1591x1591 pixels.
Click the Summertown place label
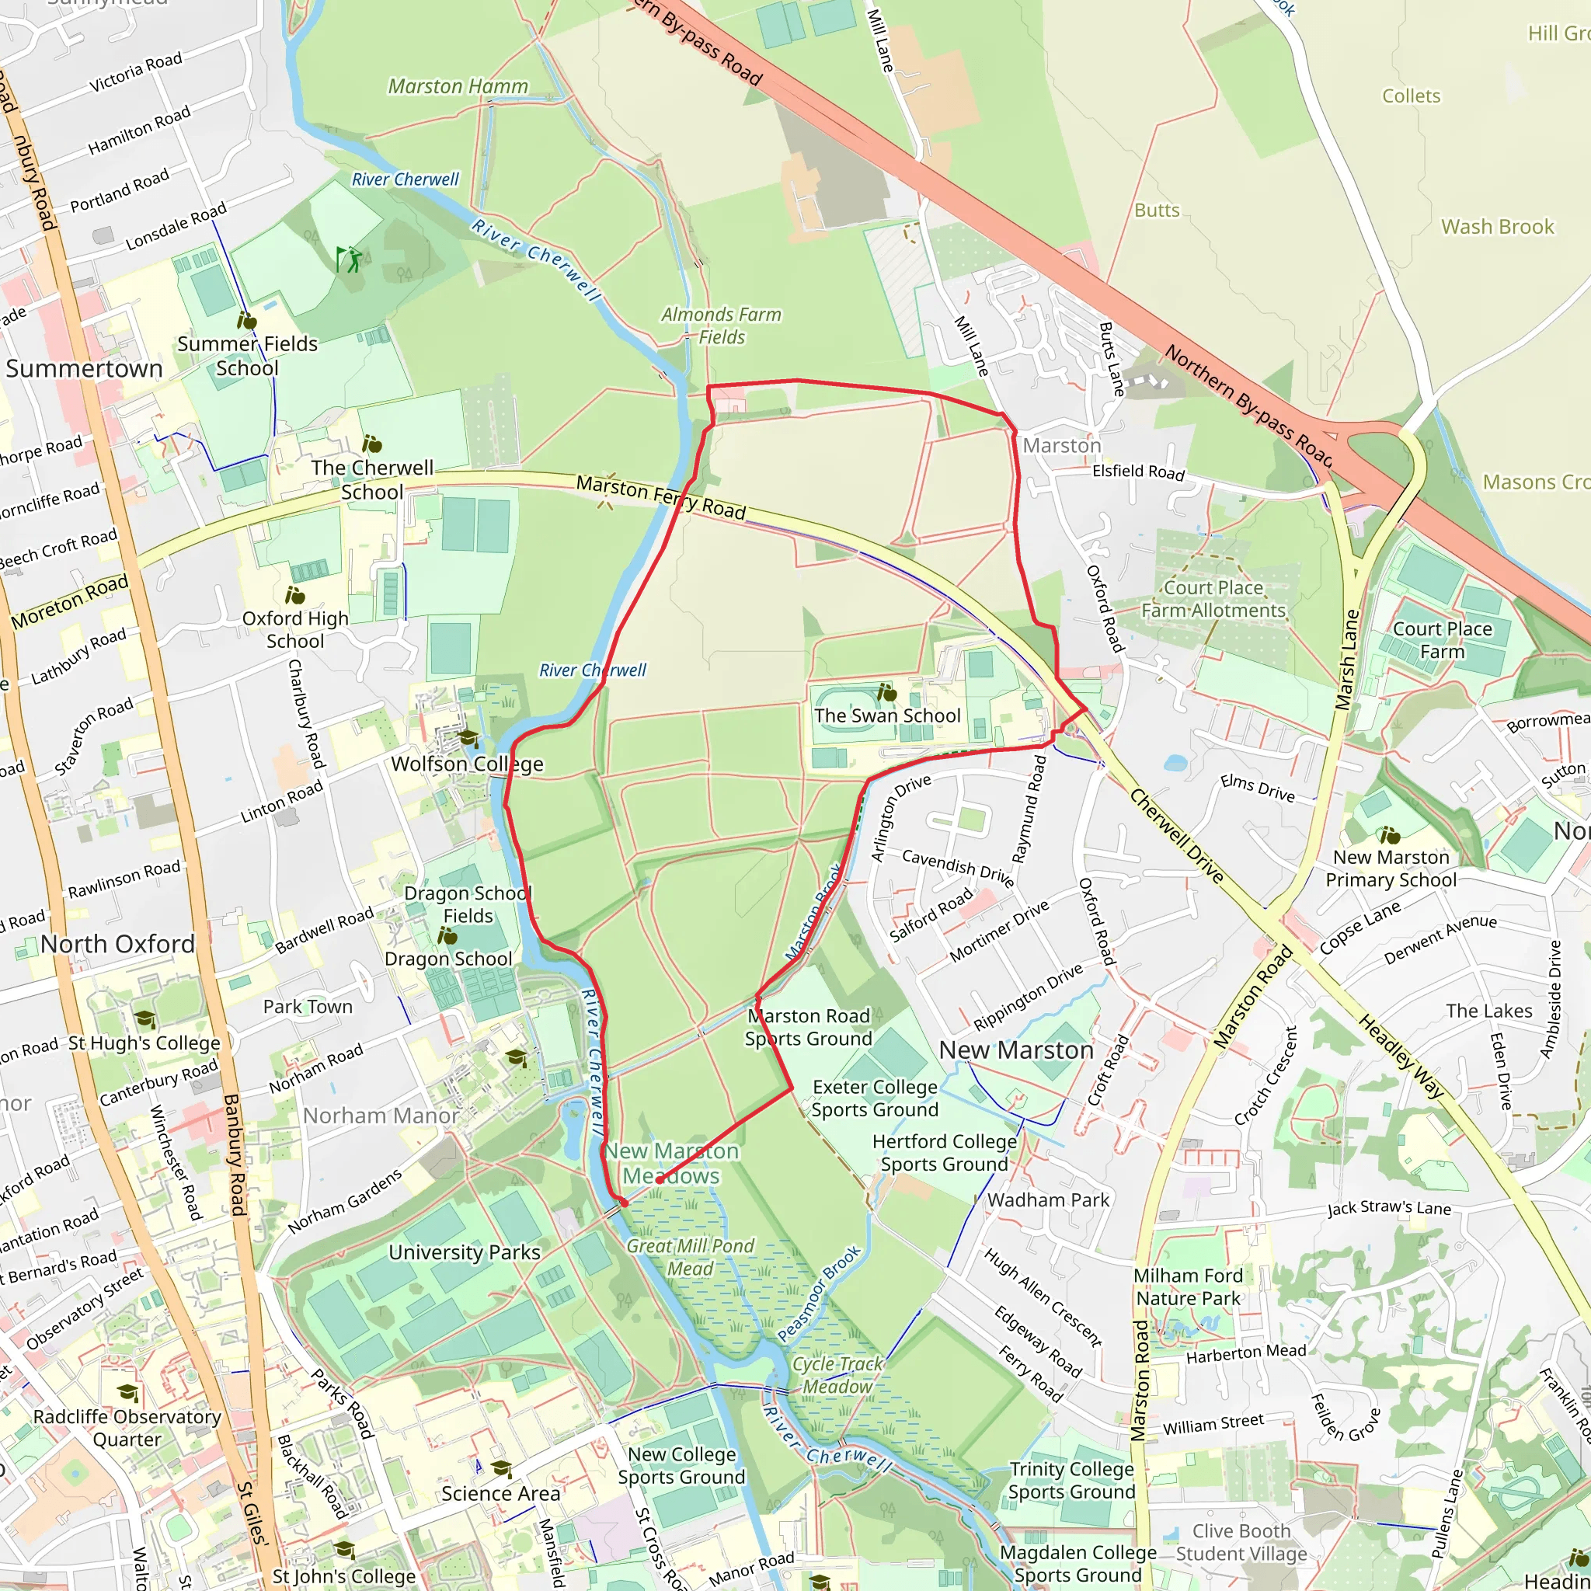coord(84,368)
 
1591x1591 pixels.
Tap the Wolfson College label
coord(467,764)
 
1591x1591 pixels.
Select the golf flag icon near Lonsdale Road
coord(348,259)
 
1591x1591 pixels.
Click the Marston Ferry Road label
coord(660,497)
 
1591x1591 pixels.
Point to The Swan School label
coord(887,715)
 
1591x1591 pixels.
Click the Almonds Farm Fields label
coord(722,326)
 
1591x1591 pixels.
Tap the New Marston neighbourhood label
coord(1016,1050)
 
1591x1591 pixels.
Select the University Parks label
coord(465,1252)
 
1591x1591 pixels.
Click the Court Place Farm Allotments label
coord(1213,599)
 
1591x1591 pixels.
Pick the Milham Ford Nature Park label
coord(1188,1286)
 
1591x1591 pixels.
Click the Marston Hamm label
coord(458,86)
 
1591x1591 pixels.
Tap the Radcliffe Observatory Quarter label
coord(127,1427)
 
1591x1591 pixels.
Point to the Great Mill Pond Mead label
coord(690,1257)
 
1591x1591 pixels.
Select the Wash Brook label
coord(1497,227)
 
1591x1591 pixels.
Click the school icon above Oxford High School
coord(294,594)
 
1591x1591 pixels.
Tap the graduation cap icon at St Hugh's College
coord(144,1018)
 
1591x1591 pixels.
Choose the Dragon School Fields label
coord(468,904)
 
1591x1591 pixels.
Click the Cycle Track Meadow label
coord(837,1374)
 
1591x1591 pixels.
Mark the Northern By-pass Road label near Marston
coord(1248,404)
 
